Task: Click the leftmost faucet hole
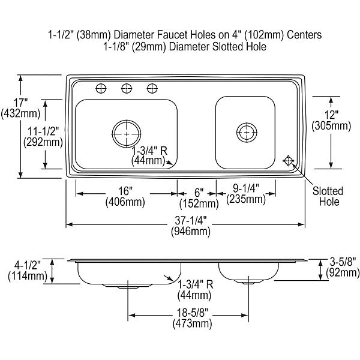(x=101, y=88)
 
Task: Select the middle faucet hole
(x=127, y=88)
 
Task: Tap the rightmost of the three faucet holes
(x=152, y=88)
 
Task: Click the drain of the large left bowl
(x=127, y=133)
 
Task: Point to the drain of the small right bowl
(x=247, y=133)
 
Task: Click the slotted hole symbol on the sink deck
(x=288, y=160)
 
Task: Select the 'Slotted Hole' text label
(x=328, y=196)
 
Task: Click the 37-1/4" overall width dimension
(x=191, y=221)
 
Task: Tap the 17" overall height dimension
(x=20, y=103)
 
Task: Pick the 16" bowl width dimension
(x=125, y=191)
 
